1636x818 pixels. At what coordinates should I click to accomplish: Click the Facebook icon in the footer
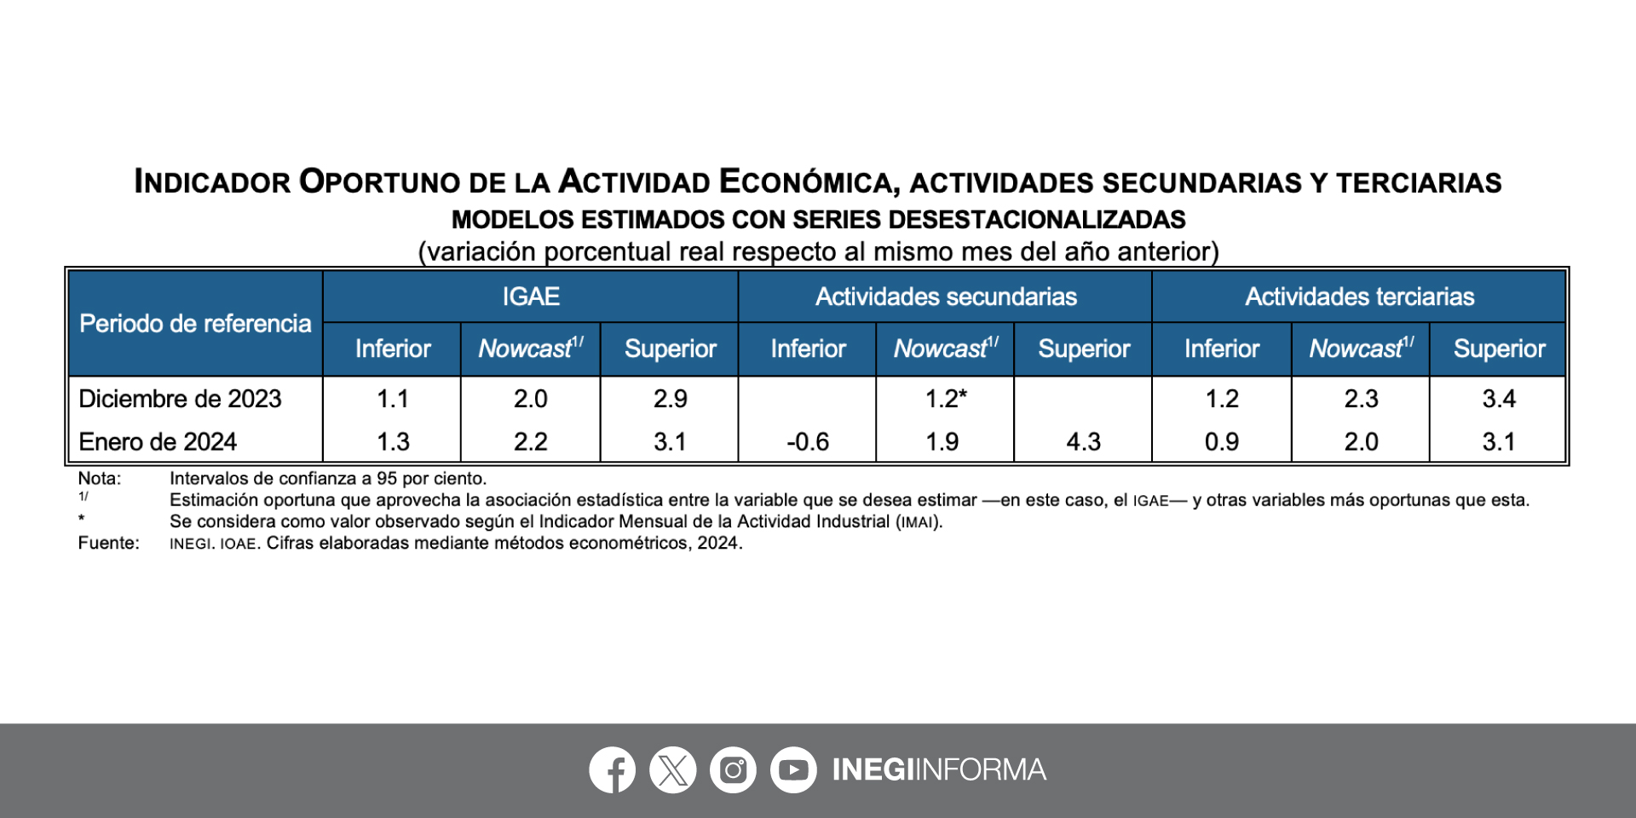(613, 769)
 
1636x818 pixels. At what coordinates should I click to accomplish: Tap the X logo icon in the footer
(673, 769)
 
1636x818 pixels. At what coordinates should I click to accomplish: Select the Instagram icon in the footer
(733, 769)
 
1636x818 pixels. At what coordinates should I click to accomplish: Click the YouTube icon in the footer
(793, 769)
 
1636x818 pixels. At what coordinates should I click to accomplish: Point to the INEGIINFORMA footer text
(939, 769)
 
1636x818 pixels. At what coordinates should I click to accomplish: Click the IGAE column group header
(530, 297)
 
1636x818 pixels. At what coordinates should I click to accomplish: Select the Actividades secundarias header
(946, 297)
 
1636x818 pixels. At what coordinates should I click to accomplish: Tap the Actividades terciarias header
(1359, 297)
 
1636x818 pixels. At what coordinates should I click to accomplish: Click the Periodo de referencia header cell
(195, 324)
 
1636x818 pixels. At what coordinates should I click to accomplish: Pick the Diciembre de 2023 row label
(180, 399)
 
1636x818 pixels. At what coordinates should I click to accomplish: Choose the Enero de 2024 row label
(158, 441)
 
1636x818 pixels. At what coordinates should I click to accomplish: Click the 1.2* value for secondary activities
(946, 399)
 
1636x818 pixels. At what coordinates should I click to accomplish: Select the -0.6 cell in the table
(807, 441)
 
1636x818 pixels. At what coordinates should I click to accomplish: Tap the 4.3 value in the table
(1083, 441)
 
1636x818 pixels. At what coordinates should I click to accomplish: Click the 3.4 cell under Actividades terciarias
(1499, 399)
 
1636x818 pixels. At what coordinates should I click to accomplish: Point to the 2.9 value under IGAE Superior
(670, 399)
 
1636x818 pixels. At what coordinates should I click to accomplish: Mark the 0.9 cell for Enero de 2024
(1221, 441)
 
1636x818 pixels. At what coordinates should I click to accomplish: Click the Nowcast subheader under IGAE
(530, 349)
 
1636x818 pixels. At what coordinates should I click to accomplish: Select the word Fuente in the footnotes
(108, 543)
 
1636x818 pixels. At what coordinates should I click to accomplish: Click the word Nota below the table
(99, 479)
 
